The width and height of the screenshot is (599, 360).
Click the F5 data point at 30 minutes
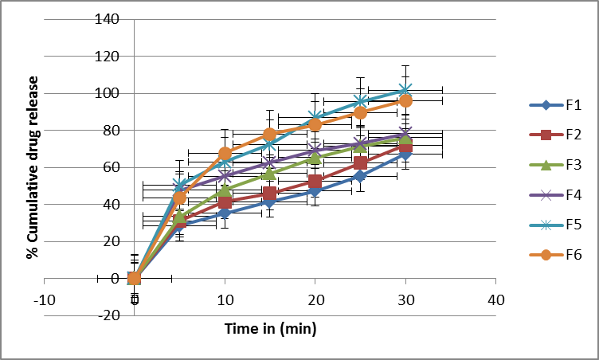pos(405,90)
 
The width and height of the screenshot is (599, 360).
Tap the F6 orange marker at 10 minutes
pos(225,153)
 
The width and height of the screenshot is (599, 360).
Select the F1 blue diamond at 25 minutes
pos(360,176)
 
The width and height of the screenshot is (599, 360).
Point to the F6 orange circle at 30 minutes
pos(405,101)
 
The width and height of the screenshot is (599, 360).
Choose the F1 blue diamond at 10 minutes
pos(225,213)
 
